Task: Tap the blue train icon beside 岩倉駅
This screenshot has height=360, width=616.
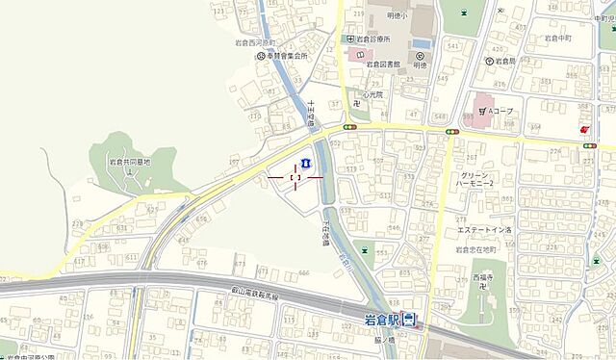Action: (409, 320)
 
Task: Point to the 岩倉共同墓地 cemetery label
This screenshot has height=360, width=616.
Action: (128, 163)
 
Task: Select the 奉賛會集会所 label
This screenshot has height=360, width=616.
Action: (286, 56)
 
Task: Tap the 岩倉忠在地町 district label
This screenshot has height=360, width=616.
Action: (475, 249)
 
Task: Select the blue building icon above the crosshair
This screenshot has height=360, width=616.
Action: (304, 160)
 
